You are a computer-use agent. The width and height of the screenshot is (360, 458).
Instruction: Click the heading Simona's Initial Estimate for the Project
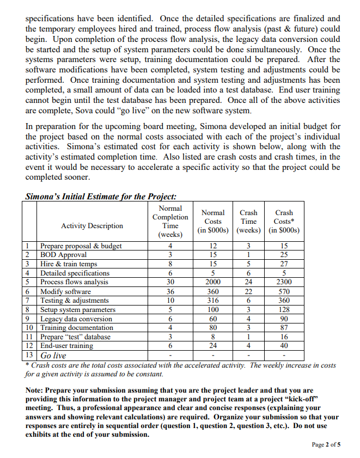pyautogui.click(x=101, y=197)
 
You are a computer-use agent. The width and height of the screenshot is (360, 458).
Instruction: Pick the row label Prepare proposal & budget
pyautogui.click(x=81, y=246)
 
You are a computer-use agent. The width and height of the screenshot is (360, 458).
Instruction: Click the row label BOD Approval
pyautogui.click(x=64, y=255)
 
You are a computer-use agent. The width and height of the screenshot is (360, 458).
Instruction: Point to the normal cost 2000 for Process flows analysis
pyautogui.click(x=212, y=282)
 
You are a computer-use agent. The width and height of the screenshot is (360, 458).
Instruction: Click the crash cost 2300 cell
pyautogui.click(x=284, y=282)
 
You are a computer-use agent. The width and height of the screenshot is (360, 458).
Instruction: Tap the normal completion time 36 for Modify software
pyautogui.click(x=170, y=291)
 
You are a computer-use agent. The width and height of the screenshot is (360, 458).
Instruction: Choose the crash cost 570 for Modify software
pyautogui.click(x=284, y=291)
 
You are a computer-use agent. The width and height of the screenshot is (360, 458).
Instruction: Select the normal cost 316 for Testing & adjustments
pyautogui.click(x=212, y=301)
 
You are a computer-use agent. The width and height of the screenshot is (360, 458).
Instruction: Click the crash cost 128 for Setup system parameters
pyautogui.click(x=284, y=309)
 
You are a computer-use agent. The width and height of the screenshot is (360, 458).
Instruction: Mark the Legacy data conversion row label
pyautogui.click(x=76, y=319)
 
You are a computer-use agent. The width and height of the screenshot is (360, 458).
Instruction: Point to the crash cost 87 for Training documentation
pyautogui.click(x=284, y=328)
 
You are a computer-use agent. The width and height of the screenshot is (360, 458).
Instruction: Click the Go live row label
pyautogui.click(x=53, y=355)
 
